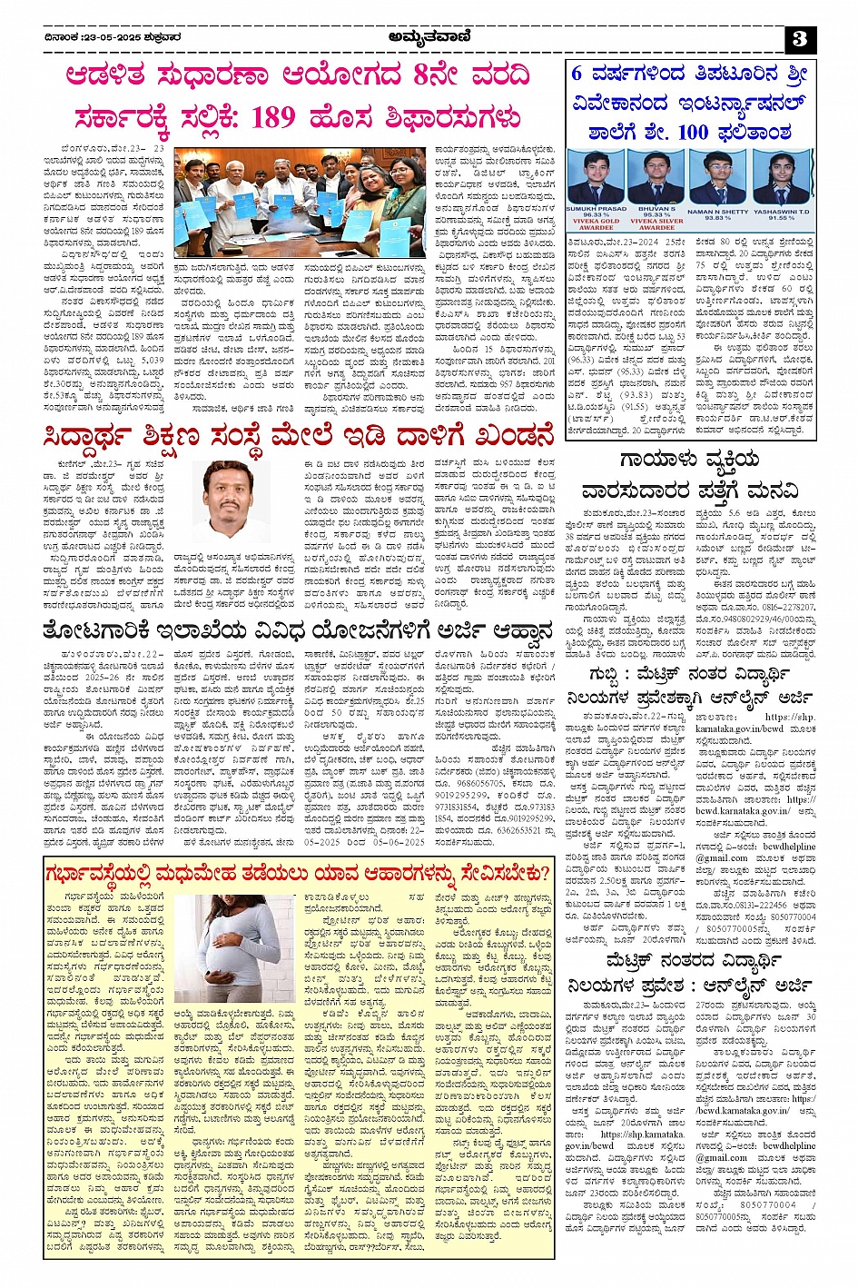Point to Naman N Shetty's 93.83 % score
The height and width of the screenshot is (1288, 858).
point(716,218)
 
